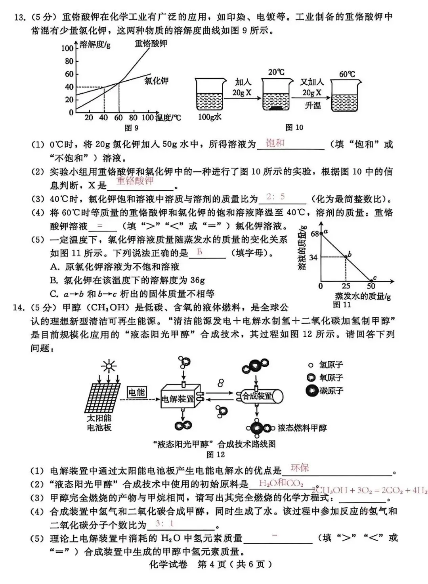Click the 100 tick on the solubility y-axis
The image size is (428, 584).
point(67,48)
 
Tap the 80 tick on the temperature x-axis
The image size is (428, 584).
point(133,118)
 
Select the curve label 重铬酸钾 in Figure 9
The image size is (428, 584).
point(151,43)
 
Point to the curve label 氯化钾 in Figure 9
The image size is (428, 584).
point(156,81)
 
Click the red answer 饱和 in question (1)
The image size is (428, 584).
point(275,143)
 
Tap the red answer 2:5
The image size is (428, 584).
point(276,197)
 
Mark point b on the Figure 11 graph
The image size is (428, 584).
point(346,257)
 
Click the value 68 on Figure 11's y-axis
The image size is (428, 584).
point(315,234)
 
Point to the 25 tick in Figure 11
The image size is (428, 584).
point(346,286)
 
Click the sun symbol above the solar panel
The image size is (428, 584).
point(108,367)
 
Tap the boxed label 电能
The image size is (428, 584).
point(137,392)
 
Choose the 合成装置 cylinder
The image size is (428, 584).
point(260,396)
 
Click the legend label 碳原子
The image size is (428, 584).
point(331,391)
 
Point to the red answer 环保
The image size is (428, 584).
point(300,468)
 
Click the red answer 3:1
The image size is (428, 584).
point(164,523)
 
